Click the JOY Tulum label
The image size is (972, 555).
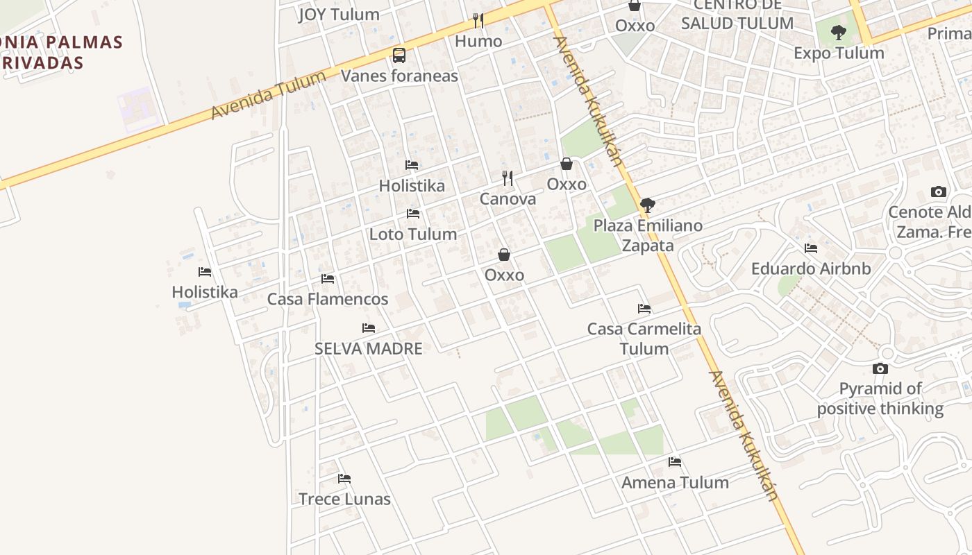click(x=339, y=15)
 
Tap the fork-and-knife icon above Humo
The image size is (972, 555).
click(x=478, y=21)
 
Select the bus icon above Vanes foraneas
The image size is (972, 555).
click(x=399, y=55)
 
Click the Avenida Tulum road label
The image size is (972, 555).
click(x=268, y=95)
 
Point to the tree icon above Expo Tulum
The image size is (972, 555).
click(x=839, y=32)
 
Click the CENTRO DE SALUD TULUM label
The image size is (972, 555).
click(x=737, y=14)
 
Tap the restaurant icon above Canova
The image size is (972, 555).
click(x=508, y=178)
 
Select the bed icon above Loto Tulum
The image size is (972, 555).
click(x=413, y=214)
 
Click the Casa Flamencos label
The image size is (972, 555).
click(x=328, y=299)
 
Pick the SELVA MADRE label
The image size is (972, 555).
click(x=368, y=348)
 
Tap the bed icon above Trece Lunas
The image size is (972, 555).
click(x=344, y=479)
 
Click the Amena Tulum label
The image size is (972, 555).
click(x=675, y=482)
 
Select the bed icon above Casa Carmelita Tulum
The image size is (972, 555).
click(x=644, y=309)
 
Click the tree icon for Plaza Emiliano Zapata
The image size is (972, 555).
click(x=648, y=205)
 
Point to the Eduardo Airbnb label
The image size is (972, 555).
click(x=810, y=268)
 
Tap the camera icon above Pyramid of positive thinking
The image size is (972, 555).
click(x=880, y=368)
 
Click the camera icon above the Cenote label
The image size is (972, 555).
click(x=939, y=192)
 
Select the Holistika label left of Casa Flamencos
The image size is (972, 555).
click(x=205, y=292)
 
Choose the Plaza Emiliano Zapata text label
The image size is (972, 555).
click(x=647, y=235)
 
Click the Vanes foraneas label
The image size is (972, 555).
click(x=399, y=76)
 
